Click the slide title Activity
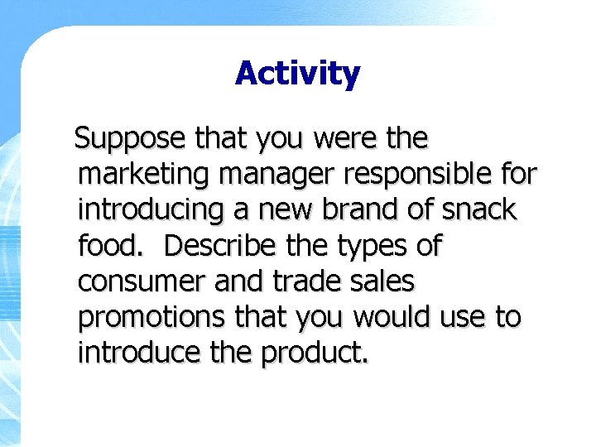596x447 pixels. [297, 74]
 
